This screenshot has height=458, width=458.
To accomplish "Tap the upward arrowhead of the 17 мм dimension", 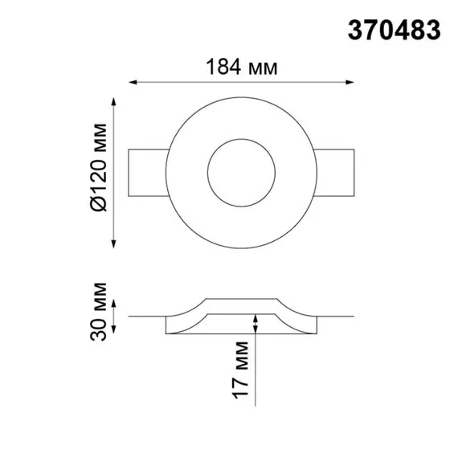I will [x=256, y=319].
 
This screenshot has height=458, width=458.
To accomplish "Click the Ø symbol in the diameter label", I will [x=98, y=205].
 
